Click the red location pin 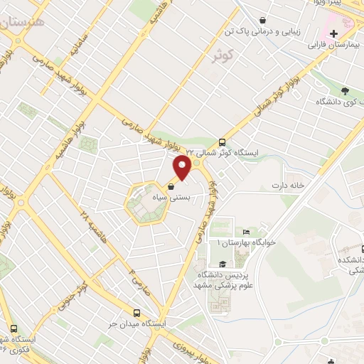coord(183,168)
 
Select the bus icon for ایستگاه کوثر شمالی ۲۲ coord(222,142)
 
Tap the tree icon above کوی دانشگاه coord(345,91)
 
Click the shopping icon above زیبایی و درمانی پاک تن coord(264,21)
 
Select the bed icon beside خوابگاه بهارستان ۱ coord(247,232)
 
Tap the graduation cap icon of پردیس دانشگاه coord(222,264)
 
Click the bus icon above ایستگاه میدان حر coord(136,313)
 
